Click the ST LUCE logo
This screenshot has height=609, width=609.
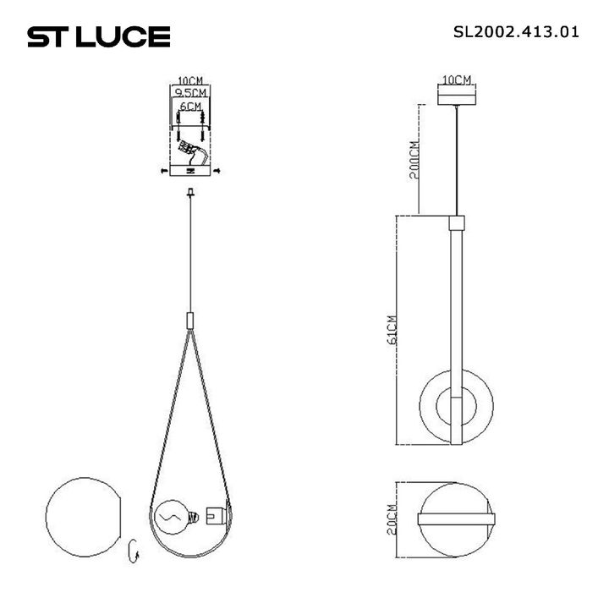pos(99,36)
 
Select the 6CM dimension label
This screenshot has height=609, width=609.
pos(190,107)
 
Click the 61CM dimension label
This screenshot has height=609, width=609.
pos(391,331)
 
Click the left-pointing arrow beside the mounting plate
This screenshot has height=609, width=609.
pos(163,172)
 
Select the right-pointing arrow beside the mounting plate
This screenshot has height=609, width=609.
pos(218,172)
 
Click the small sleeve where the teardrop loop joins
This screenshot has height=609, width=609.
pos(189,321)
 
